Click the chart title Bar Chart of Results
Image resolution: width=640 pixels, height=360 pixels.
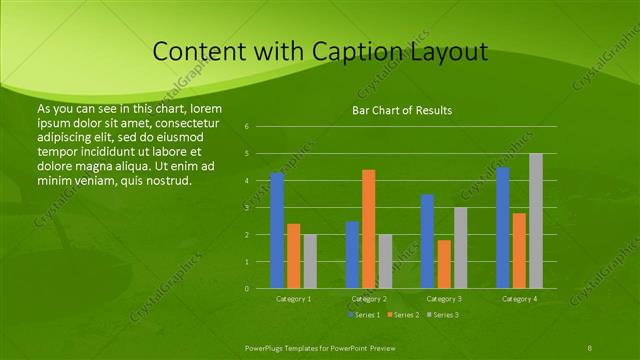click(x=402, y=110)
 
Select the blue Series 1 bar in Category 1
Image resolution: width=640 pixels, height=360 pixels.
click(x=277, y=230)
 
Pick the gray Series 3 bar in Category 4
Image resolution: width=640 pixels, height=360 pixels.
click(x=535, y=220)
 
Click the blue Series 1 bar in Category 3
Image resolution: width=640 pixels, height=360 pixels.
click(x=427, y=241)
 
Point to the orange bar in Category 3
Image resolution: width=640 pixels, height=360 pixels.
click(x=443, y=264)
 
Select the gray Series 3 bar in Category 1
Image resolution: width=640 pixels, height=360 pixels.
click(x=310, y=261)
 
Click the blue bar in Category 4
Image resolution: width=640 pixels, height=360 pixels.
click(x=502, y=227)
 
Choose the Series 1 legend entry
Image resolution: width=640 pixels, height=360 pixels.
click(x=365, y=315)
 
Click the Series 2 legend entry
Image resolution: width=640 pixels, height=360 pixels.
click(x=402, y=315)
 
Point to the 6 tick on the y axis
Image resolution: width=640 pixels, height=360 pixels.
click(x=247, y=127)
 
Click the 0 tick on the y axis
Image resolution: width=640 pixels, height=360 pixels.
click(x=247, y=288)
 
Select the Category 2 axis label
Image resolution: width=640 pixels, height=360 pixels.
click(x=368, y=299)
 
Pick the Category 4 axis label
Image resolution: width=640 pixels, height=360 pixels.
click(x=518, y=299)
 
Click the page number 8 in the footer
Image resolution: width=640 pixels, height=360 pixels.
click(x=590, y=346)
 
